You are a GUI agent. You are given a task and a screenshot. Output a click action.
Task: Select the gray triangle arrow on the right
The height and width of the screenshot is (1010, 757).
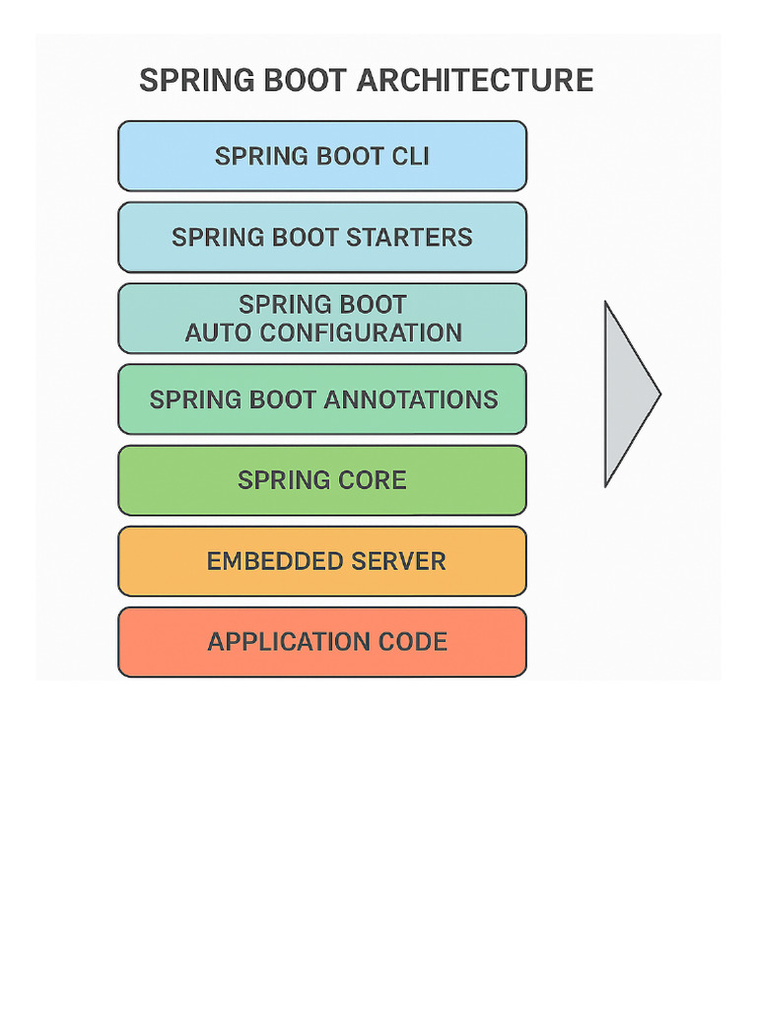click(626, 395)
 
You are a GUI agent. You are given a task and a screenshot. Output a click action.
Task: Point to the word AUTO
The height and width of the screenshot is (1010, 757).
click(217, 333)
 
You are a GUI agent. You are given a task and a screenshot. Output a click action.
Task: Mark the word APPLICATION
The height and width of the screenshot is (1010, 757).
click(277, 642)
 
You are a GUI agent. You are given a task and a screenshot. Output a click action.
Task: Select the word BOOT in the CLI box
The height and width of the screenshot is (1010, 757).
click(349, 157)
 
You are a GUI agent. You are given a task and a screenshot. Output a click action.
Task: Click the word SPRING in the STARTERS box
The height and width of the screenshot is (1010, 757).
click(209, 238)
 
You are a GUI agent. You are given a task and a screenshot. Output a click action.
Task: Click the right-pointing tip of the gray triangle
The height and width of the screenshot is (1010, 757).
click(658, 395)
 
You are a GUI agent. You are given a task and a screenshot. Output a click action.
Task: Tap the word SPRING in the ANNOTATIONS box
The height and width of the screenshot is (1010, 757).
click(187, 399)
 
